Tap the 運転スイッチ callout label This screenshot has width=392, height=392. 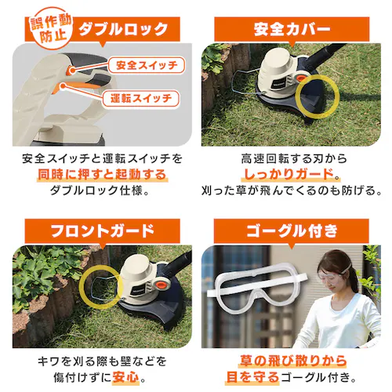coord(140,100)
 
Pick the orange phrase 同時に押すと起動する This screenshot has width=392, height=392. coord(102,174)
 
